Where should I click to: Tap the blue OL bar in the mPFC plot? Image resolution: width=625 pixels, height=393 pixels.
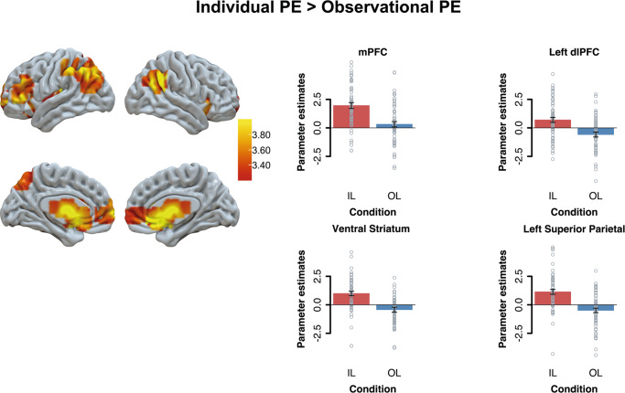395,125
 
